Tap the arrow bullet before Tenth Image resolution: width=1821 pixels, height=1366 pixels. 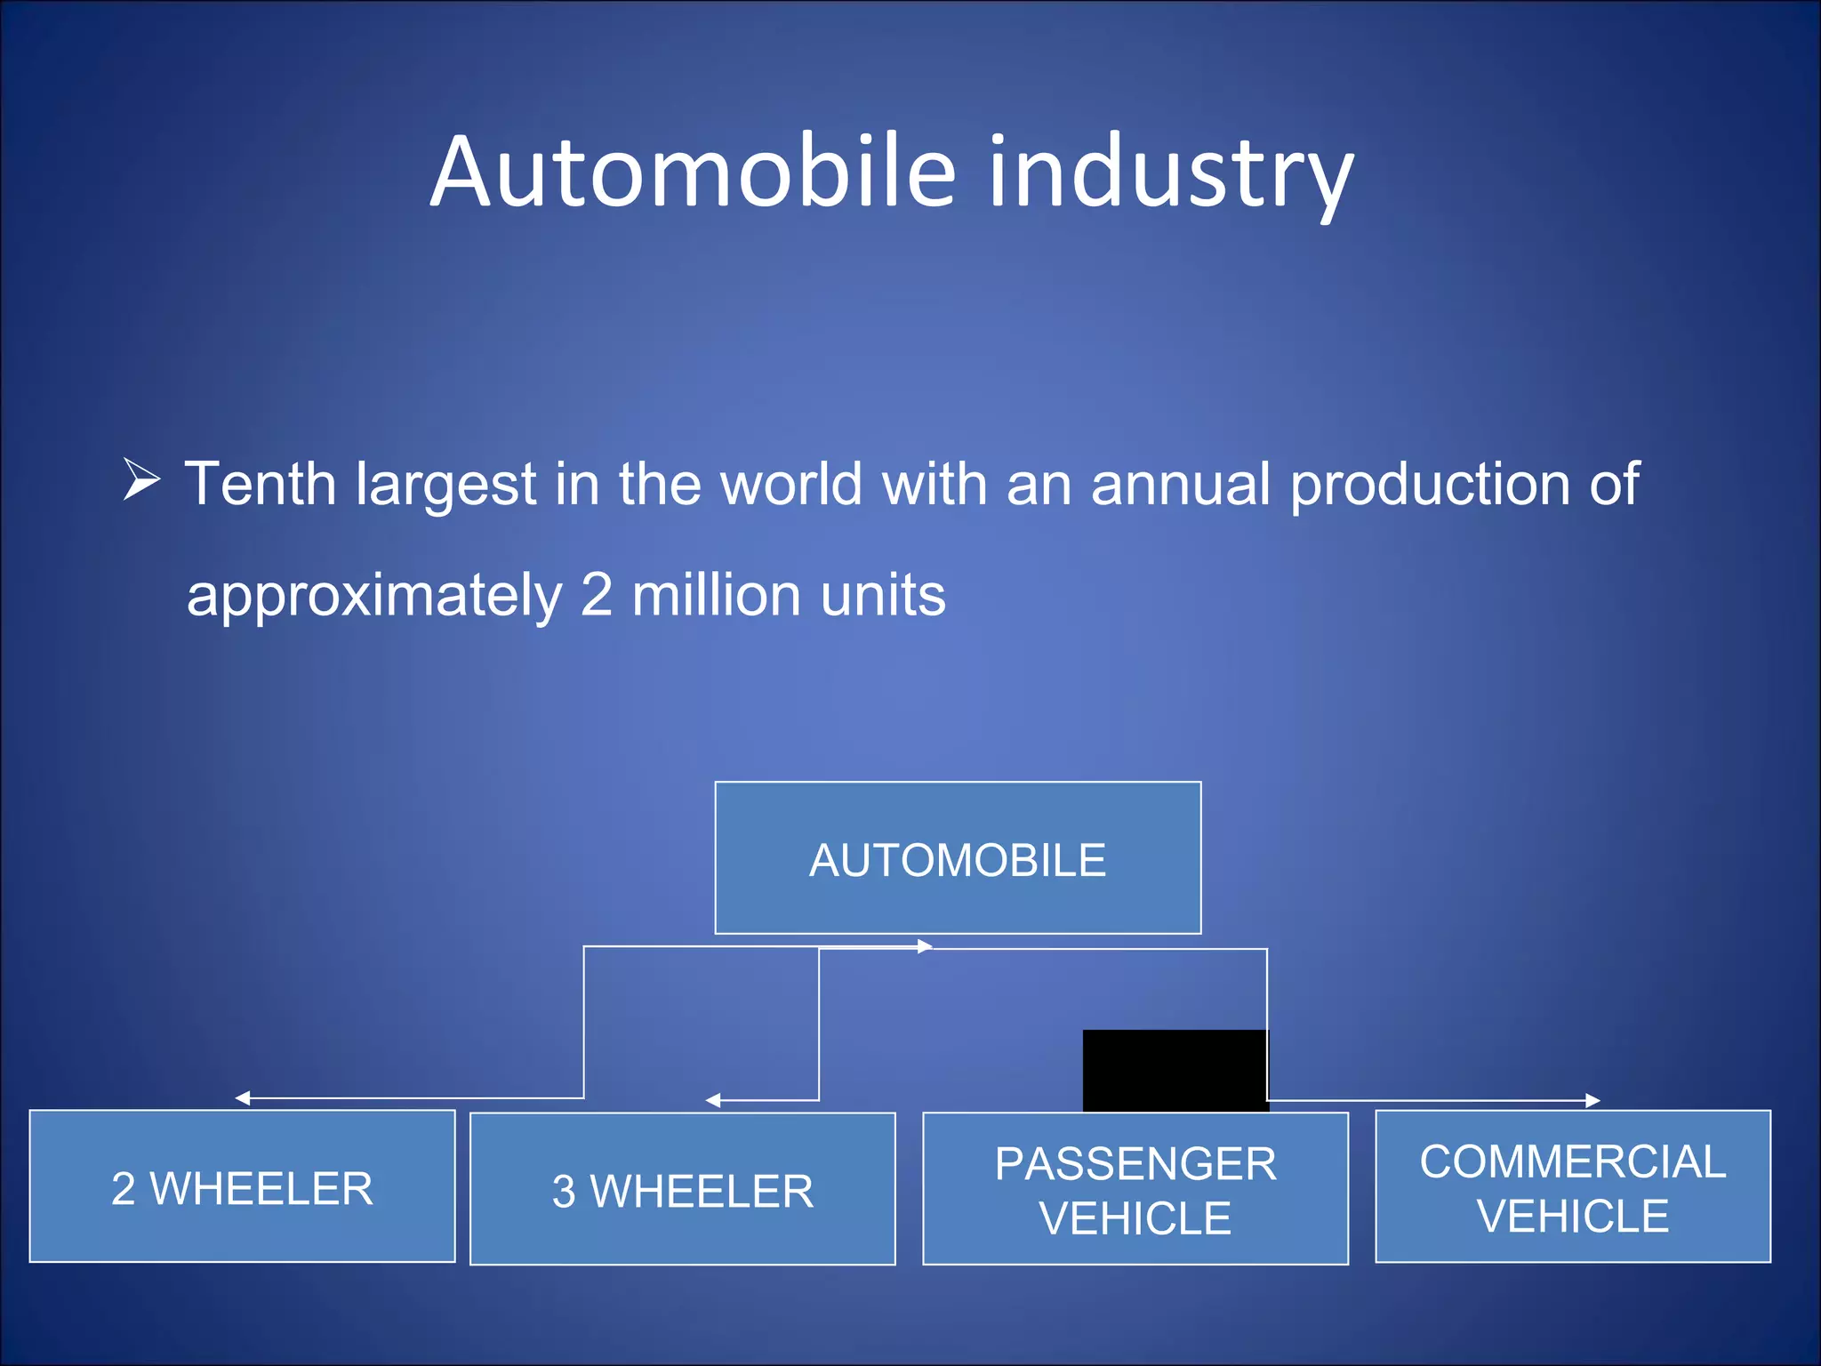point(141,480)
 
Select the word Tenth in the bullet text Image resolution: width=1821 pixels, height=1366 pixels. point(261,485)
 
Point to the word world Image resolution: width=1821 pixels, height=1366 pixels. point(791,485)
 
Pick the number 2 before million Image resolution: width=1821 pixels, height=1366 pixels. point(597,595)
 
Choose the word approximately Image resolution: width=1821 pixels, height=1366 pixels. point(374,597)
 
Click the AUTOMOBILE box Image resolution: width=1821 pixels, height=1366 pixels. point(958,858)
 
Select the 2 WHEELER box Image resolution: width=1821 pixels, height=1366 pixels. point(242,1186)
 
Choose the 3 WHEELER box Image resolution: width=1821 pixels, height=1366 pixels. point(682,1189)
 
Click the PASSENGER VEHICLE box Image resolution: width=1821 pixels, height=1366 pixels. point(1135,1189)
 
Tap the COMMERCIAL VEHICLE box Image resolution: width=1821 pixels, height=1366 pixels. point(1572,1186)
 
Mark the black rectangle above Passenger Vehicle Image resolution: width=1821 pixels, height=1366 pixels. point(1175,1070)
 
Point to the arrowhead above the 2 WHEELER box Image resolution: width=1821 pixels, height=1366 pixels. point(242,1098)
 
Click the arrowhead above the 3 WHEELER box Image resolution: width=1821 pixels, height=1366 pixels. point(712,1101)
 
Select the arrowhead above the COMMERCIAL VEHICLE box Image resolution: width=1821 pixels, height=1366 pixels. point(1592,1101)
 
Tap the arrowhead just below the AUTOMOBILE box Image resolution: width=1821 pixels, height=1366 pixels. point(925,946)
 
